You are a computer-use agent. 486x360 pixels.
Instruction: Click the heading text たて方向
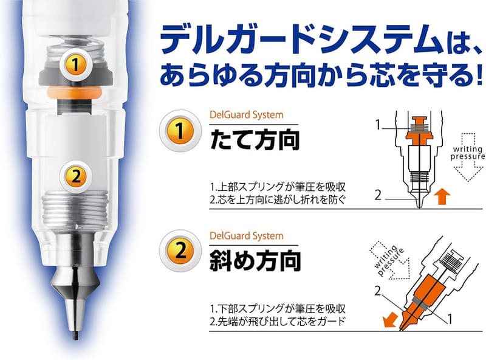click(255, 139)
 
